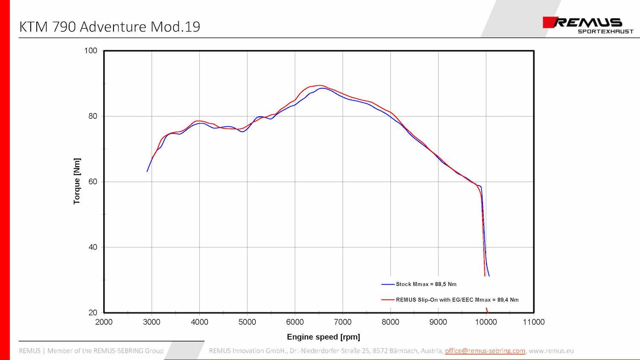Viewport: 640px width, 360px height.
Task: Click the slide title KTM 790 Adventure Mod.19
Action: point(110,27)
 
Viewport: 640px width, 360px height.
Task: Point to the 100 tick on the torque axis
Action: point(91,51)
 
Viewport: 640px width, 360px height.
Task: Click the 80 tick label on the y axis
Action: point(93,116)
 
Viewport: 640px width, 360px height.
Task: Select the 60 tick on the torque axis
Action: point(93,182)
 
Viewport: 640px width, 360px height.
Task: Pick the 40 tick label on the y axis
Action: point(93,247)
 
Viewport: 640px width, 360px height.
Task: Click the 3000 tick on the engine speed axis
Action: point(151,322)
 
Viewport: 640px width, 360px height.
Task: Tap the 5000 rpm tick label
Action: point(247,322)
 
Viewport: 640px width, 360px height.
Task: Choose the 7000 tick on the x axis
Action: point(343,322)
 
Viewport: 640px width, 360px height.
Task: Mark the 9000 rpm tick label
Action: point(438,322)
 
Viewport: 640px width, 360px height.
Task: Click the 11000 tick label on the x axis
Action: point(534,322)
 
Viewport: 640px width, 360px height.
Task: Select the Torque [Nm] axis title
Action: point(77,181)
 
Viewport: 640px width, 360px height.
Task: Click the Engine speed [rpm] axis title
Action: point(323,337)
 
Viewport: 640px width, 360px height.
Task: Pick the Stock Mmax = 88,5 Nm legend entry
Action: point(426,284)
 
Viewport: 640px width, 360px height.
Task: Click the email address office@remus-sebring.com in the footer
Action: point(485,351)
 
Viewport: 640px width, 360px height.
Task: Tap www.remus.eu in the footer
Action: point(551,351)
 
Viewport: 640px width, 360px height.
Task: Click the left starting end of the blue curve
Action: point(147,171)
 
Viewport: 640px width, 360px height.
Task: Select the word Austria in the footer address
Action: point(432,351)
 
